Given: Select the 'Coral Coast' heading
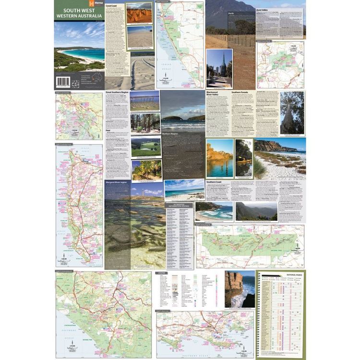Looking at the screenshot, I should (112, 6).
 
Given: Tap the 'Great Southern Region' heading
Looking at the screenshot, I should (117, 92).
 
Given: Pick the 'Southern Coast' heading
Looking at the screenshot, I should (216, 182).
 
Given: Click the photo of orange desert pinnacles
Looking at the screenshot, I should (139, 13).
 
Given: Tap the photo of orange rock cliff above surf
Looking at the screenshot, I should (240, 288).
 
